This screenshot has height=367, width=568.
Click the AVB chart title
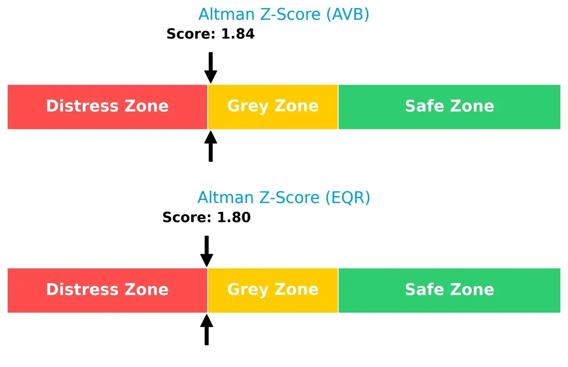pyautogui.click(x=284, y=15)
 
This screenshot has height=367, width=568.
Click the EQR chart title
pyautogui.click(x=284, y=197)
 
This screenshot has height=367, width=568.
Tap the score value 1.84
pyautogui.click(x=238, y=34)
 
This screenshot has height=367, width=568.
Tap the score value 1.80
pyautogui.click(x=234, y=218)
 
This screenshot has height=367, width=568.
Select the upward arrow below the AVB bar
pyautogui.click(x=211, y=147)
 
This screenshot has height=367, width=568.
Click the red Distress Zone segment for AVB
pyautogui.click(x=107, y=107)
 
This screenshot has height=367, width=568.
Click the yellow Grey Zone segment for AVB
pyautogui.click(x=273, y=107)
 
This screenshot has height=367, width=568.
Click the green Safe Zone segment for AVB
pyautogui.click(x=449, y=107)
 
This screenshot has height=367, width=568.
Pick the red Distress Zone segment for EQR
pyautogui.click(x=107, y=290)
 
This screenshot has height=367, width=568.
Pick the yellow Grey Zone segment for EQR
pyautogui.click(x=273, y=290)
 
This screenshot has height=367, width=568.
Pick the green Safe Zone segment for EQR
pyautogui.click(x=449, y=290)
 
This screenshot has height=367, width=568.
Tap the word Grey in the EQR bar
pyautogui.click(x=247, y=290)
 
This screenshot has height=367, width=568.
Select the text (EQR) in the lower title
pyautogui.click(x=348, y=197)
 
